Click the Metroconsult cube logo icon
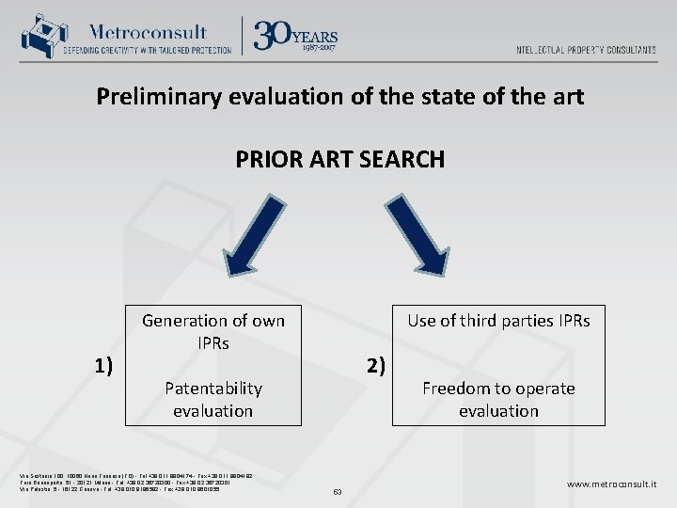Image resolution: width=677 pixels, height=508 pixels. pos(39,36)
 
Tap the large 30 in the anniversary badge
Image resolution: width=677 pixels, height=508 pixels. pos(274,35)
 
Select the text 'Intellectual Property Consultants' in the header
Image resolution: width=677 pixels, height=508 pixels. pos(586,50)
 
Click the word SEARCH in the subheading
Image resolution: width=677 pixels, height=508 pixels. pos(401,160)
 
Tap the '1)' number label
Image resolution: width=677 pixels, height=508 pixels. pos(103,366)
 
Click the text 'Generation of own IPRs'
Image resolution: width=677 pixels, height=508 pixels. pos(213,332)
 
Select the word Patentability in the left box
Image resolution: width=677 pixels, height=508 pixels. pos(213,389)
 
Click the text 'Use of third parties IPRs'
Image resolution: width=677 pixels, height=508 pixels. pos(498,321)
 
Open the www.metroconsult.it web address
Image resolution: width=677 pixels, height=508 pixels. pos(611,484)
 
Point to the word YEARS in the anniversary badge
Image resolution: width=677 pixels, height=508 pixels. pos(317,37)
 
